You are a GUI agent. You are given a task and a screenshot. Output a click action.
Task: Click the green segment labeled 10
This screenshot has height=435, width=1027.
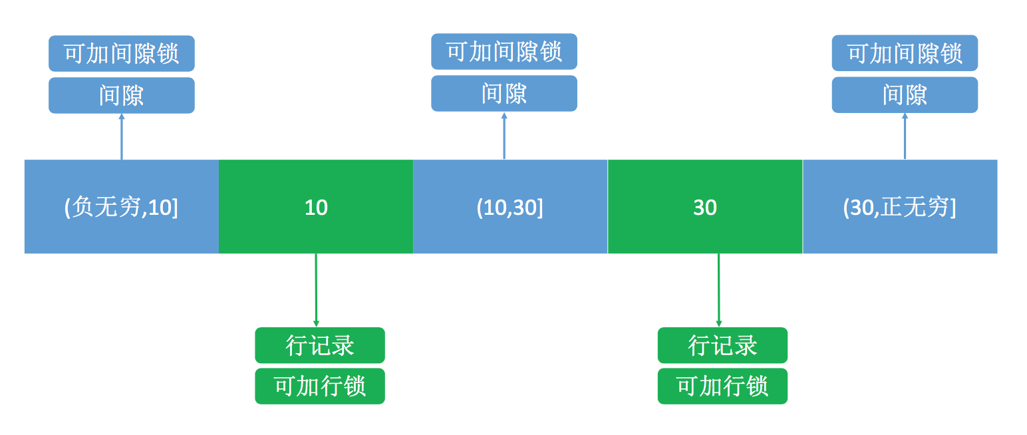click(x=316, y=207)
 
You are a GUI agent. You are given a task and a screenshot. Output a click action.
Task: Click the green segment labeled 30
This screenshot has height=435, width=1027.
click(x=705, y=207)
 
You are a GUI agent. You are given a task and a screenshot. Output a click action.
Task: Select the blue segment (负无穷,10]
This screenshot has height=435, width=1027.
click(x=122, y=207)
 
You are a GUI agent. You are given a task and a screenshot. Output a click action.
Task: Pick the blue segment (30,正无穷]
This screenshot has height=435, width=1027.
click(x=900, y=207)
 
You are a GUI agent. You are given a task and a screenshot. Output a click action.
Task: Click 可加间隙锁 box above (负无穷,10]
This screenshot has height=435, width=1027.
click(x=122, y=53)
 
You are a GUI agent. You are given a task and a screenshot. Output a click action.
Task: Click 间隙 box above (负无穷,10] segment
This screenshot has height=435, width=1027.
click(x=122, y=95)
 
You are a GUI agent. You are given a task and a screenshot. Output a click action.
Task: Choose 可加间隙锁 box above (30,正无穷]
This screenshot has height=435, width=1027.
click(x=905, y=53)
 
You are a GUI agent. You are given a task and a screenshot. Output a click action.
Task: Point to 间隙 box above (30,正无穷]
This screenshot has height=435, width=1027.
click(x=905, y=94)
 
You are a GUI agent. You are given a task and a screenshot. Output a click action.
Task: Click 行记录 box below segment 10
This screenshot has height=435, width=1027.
click(x=320, y=345)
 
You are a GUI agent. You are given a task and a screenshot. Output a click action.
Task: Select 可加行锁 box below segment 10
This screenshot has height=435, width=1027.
click(x=320, y=386)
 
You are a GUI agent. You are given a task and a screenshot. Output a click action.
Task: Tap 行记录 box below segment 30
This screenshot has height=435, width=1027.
click(x=722, y=345)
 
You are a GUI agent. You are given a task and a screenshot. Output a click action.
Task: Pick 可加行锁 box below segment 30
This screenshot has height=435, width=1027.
click(x=722, y=386)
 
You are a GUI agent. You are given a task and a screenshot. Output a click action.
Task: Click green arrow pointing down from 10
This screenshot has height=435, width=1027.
click(x=316, y=290)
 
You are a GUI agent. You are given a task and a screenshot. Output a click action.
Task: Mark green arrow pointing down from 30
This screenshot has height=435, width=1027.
click(x=718, y=290)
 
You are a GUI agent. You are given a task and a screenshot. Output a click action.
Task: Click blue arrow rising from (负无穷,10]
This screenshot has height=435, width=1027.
click(x=122, y=136)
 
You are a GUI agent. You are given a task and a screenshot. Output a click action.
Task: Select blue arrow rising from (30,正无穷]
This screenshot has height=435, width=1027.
click(x=905, y=136)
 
